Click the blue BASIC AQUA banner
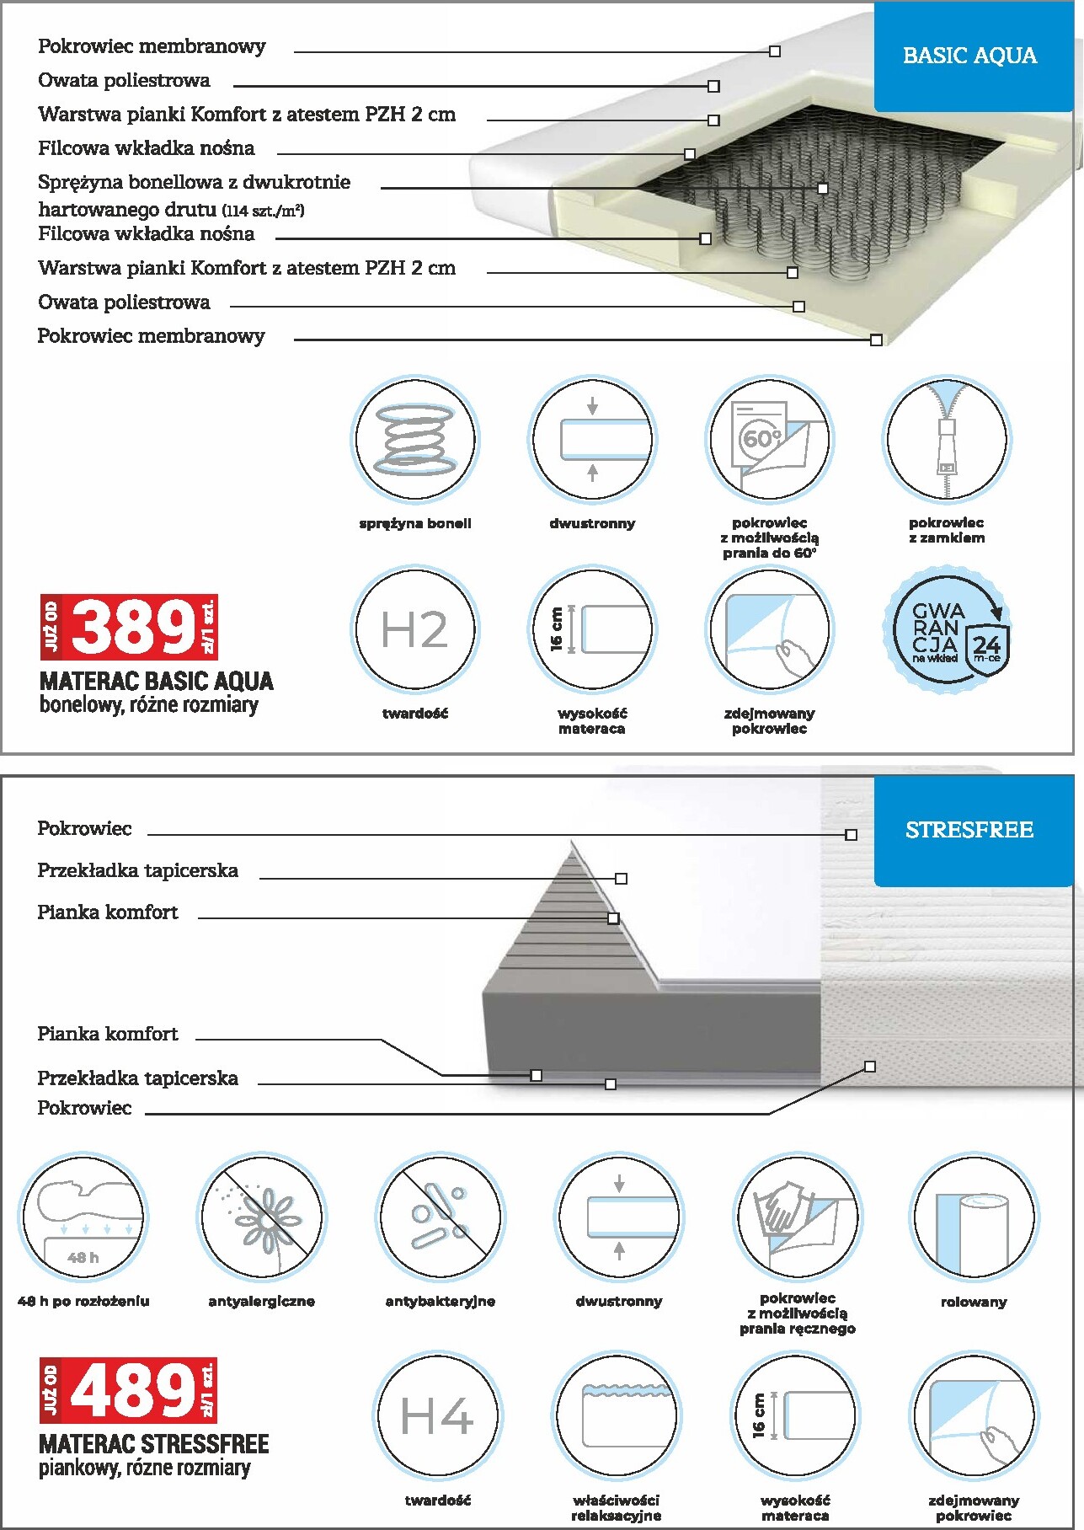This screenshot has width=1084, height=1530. pyautogui.click(x=969, y=56)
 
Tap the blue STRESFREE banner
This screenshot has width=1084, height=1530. pyautogui.click(x=969, y=831)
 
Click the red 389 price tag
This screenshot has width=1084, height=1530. pyautogui.click(x=130, y=627)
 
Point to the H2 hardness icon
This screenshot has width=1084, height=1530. pyautogui.click(x=414, y=629)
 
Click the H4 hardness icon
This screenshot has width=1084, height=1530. pyautogui.click(x=436, y=1415)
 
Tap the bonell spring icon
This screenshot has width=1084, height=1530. pyautogui.click(x=414, y=439)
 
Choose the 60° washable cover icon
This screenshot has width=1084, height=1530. pyautogui.click(x=769, y=439)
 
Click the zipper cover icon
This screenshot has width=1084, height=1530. pyautogui.click(x=947, y=439)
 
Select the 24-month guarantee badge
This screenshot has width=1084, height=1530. pyautogui.click(x=950, y=629)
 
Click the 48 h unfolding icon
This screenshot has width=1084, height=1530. pyautogui.click(x=83, y=1217)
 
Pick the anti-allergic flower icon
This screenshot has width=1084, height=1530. pyautogui.click(x=261, y=1217)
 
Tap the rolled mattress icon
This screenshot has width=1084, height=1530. pyautogui.click(x=974, y=1217)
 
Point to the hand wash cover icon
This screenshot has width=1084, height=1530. pyautogui.click(x=797, y=1217)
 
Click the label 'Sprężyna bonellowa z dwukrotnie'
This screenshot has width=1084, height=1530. pyautogui.click(x=194, y=182)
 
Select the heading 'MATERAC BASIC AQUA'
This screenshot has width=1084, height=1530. pyautogui.click(x=157, y=681)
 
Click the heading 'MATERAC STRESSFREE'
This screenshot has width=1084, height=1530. pyautogui.click(x=154, y=1444)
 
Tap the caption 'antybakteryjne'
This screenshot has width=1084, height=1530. pyautogui.click(x=440, y=1301)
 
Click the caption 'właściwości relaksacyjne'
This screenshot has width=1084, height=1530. pyautogui.click(x=616, y=1508)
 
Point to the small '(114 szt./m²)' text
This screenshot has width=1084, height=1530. pyautogui.click(x=263, y=211)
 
